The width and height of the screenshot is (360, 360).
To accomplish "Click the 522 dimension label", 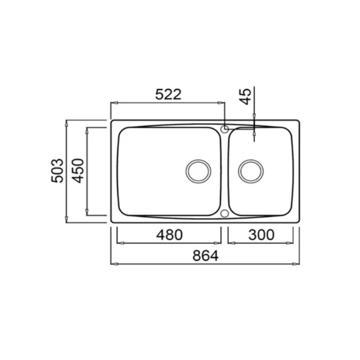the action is pos(168,94).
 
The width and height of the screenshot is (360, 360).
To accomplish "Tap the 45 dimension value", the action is pos(245,97).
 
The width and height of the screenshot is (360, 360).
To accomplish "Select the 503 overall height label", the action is pos(57,170).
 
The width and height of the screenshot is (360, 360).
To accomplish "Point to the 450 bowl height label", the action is pos(78,170).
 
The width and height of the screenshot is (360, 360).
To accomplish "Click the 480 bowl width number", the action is pos(169,235).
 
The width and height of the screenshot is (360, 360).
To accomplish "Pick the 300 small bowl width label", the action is pos(261,235).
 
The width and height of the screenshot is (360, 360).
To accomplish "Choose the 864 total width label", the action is pos(205,256).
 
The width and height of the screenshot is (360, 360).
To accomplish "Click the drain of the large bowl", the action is pos(199,171).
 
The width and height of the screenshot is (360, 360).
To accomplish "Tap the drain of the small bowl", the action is pos(251,171).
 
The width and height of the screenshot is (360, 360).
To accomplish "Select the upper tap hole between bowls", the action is pos(224,129).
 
